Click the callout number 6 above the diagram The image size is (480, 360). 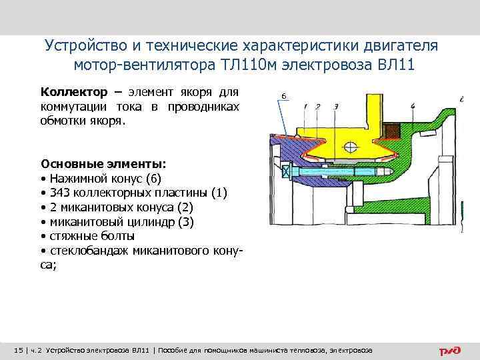283,97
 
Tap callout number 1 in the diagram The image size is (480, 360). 305,107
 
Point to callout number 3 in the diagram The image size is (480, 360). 335,107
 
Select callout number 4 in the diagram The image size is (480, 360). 413,107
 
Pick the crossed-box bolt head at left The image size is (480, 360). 287,171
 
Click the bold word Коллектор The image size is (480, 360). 69,91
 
